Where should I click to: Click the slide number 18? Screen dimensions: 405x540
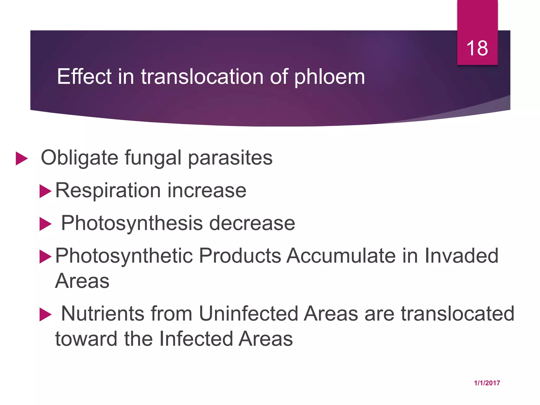[477, 48]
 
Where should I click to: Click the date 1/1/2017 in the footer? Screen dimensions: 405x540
[487, 383]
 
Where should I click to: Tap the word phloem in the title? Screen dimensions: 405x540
[329, 77]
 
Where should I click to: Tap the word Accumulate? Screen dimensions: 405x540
[341, 256]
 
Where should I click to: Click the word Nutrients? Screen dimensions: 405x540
[103, 314]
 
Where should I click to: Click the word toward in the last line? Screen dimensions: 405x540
[86, 339]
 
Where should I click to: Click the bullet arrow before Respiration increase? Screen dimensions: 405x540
[45, 191]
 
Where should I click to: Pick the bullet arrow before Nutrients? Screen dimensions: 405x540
[45, 315]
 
